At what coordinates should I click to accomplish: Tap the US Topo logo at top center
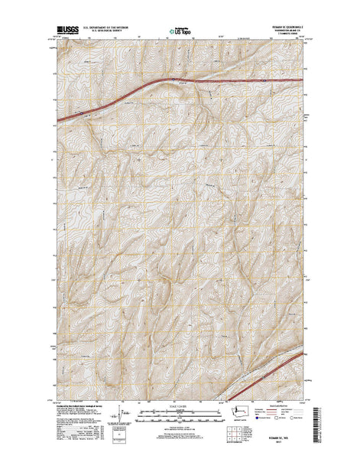coord(180,32)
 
